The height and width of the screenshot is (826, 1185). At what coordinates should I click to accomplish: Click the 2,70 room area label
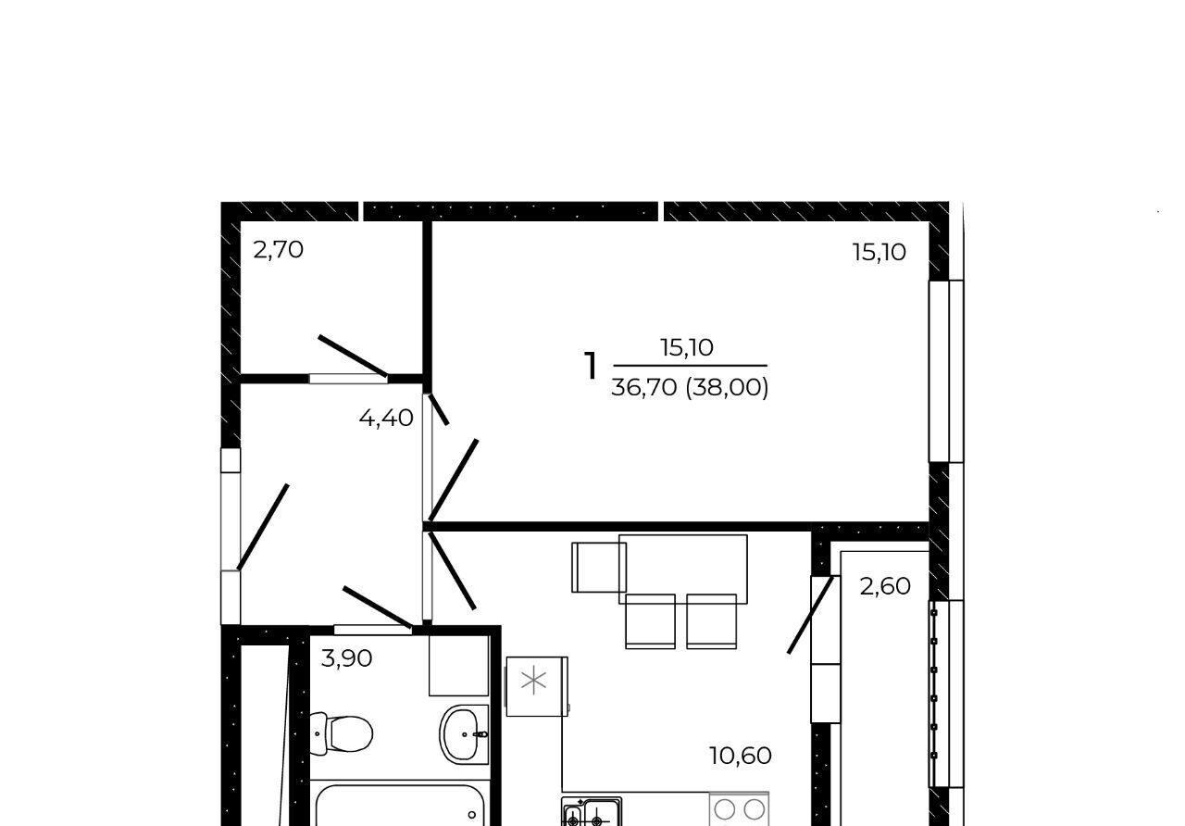click(278, 250)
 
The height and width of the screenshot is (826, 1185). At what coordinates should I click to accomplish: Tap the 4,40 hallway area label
click(386, 418)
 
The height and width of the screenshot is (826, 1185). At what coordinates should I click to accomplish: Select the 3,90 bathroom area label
click(346, 658)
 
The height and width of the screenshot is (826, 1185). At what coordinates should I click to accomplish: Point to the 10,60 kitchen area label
click(740, 756)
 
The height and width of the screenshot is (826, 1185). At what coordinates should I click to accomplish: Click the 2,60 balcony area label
click(885, 586)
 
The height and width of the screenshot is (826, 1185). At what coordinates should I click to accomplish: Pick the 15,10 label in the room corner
click(879, 253)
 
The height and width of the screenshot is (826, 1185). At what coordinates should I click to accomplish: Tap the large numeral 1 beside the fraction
click(591, 366)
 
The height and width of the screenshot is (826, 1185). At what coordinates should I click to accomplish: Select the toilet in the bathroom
click(342, 734)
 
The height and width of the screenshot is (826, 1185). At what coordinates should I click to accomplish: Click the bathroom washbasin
click(464, 734)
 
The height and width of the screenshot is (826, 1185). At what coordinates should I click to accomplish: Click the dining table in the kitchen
click(683, 569)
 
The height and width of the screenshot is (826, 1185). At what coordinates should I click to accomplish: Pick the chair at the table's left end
click(599, 568)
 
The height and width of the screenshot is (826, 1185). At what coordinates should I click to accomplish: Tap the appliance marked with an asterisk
click(537, 686)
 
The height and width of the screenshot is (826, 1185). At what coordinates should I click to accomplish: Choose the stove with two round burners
click(739, 809)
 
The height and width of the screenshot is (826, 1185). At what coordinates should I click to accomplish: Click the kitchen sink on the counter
click(592, 812)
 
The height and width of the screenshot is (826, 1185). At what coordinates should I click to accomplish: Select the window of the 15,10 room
click(946, 371)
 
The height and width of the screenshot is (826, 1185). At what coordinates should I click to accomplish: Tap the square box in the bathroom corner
click(458, 666)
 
